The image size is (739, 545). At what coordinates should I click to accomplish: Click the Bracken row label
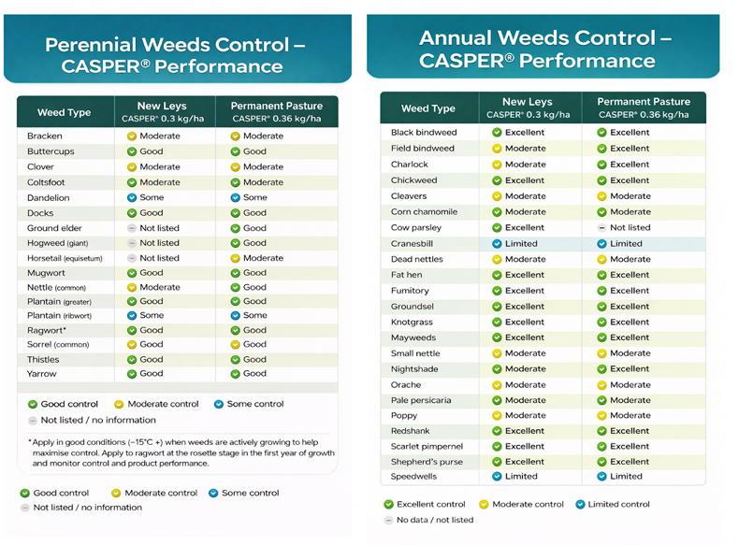(45, 136)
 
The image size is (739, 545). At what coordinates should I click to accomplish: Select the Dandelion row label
(48, 198)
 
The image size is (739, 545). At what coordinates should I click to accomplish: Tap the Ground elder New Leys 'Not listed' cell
(153, 228)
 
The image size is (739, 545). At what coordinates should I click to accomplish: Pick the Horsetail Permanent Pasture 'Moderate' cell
(257, 258)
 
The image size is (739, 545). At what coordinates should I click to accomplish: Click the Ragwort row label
(47, 331)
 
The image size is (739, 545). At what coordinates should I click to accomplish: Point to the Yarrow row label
(42, 374)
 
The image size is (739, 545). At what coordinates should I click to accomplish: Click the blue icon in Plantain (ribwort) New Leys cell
(132, 316)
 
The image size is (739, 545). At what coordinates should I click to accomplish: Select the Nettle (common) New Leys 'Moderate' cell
(153, 287)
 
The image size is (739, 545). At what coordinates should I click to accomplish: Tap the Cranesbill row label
(412, 244)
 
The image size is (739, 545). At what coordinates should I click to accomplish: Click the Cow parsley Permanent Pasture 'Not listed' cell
(624, 228)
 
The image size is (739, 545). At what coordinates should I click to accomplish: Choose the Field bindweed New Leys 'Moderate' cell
(519, 149)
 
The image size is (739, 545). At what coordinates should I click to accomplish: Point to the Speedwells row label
(413, 477)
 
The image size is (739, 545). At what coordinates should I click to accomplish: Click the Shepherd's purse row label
(427, 462)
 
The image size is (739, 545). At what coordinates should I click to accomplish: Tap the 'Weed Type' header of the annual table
(427, 108)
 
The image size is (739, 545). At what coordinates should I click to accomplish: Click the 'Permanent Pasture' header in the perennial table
(277, 106)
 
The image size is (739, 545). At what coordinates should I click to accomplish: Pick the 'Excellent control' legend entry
(425, 505)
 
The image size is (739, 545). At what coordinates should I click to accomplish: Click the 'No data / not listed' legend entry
(428, 520)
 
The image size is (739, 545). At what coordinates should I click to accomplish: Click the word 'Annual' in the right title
(456, 38)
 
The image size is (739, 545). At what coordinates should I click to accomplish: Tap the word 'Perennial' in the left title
(91, 45)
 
